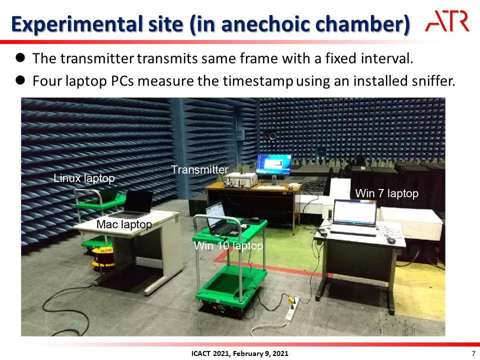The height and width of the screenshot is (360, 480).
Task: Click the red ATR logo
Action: coord(447,21)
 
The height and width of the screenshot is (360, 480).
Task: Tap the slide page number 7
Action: coord(473,353)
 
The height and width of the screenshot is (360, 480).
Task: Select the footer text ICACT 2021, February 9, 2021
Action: coord(239,353)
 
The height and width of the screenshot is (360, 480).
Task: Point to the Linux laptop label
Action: coord(84,178)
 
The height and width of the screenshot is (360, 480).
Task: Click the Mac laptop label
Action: coord(124,224)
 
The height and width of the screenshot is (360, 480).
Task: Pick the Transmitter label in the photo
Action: coord(199,169)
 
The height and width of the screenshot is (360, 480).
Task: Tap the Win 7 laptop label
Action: coord(386,193)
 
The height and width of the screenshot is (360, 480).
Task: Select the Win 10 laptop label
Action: coord(228,245)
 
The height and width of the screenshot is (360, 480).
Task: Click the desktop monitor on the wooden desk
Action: coord(273,164)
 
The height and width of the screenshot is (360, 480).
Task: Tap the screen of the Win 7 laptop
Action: coord(355,212)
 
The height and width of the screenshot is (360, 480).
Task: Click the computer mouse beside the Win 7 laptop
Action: coord(391,240)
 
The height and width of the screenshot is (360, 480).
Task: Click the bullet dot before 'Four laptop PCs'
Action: coord(20,80)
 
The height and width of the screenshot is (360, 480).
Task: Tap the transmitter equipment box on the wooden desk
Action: coord(240,179)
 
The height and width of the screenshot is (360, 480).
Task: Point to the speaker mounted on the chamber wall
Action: coord(270,135)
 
